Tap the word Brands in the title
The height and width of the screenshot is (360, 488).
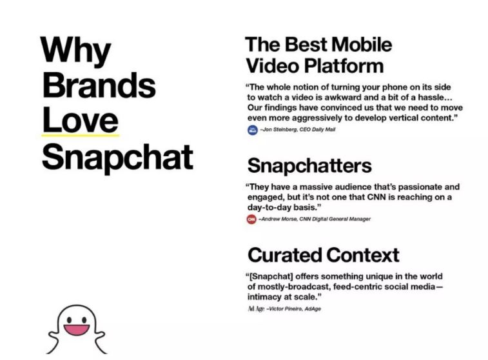tap(99, 85)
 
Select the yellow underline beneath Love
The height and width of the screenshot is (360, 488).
tap(81, 135)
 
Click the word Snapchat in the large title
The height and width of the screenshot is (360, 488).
tap(117, 157)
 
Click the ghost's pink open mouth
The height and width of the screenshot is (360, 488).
tap(77, 330)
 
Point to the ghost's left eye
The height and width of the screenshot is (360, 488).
tap(69, 319)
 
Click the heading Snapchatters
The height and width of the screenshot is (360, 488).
tap(309, 165)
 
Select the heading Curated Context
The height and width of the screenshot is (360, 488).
tap(324, 255)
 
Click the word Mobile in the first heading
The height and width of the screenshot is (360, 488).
tap(362, 45)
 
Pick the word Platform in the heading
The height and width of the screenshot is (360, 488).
tap(344, 66)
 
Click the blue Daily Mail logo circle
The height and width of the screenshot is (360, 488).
tap(253, 130)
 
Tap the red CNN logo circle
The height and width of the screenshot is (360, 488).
tap(251, 219)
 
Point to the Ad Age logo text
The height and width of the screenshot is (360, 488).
tap(256, 309)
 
